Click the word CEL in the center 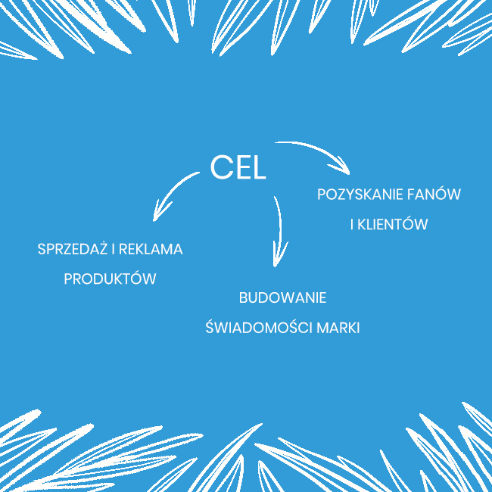pyautogui.click(x=238, y=167)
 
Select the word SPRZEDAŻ pyautogui.click(x=73, y=248)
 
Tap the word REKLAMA pyautogui.click(x=151, y=250)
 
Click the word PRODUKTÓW pyautogui.click(x=110, y=279)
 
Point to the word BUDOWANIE pyautogui.click(x=282, y=297)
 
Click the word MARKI pyautogui.click(x=338, y=328)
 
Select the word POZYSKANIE pyautogui.click(x=360, y=195)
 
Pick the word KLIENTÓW pyautogui.click(x=393, y=223)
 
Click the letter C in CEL pyautogui.click(x=220, y=167)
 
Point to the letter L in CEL pyautogui.click(x=259, y=168)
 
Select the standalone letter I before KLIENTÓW pyautogui.click(x=352, y=224)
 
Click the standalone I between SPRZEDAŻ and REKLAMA pyautogui.click(x=114, y=250)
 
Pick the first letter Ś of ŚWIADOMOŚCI pyautogui.click(x=210, y=327)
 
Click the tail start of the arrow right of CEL pyautogui.click(x=276, y=143)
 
